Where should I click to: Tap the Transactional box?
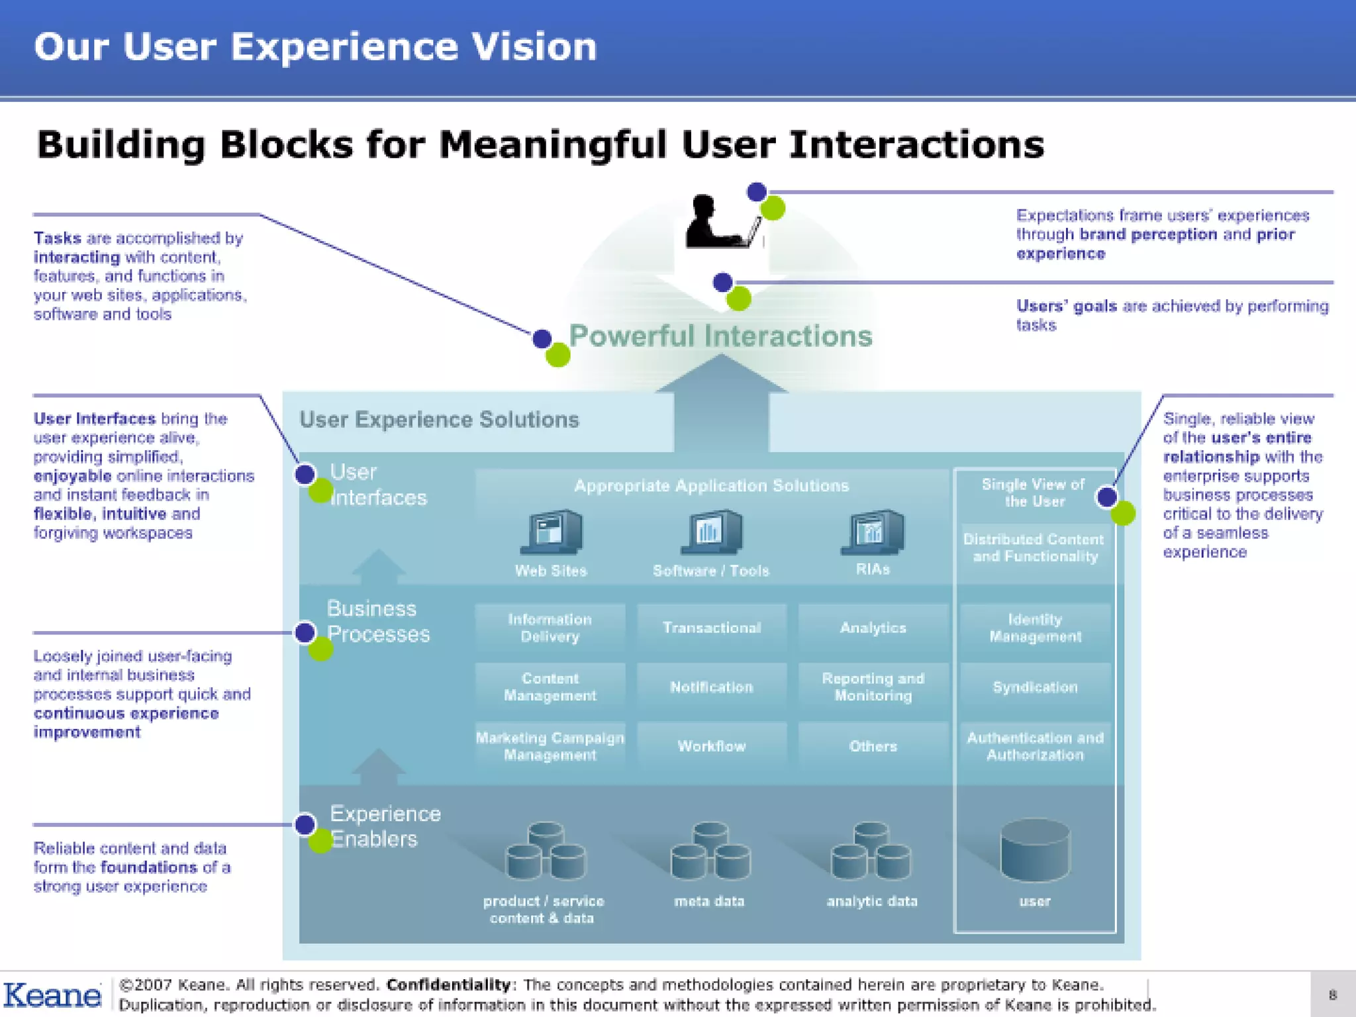712,628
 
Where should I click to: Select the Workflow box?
712,746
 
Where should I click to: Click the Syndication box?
1035,687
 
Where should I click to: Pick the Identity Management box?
1035,628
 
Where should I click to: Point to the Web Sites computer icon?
551,532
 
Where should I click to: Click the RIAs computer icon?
873,532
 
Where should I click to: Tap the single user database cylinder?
1035,851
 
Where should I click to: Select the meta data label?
709,901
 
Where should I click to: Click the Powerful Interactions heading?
720,336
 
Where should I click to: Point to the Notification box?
712,687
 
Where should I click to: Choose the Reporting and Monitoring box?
873,687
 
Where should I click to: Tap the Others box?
873,746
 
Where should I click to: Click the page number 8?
1332,994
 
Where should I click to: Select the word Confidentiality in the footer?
448,985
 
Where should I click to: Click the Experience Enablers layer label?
384,826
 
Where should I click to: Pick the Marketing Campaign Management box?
550,746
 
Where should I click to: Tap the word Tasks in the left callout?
57,238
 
